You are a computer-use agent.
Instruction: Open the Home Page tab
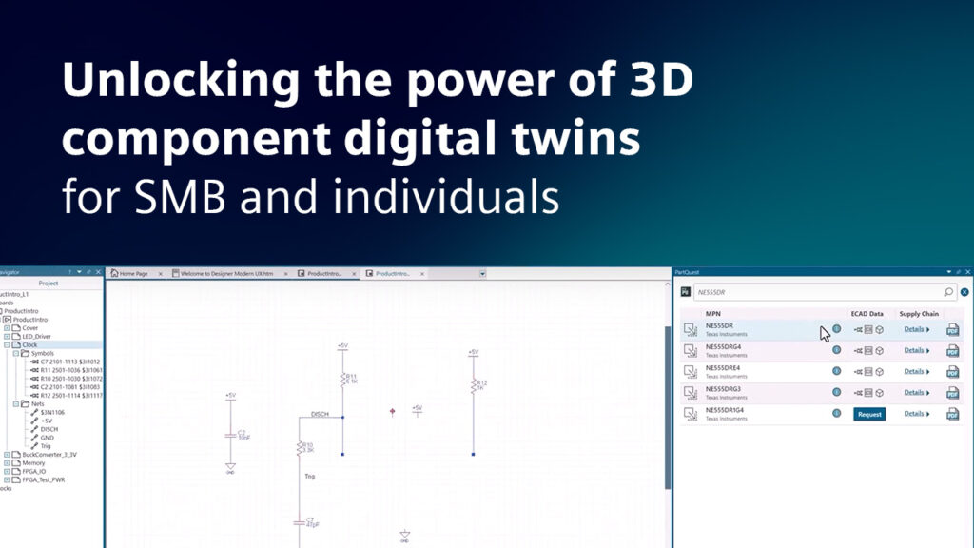pos(132,273)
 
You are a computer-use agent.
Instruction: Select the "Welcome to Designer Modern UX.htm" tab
pos(226,273)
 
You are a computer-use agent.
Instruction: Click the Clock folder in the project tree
pos(29,344)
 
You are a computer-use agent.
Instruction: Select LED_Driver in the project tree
pos(37,336)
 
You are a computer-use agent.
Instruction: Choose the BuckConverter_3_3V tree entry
pos(49,455)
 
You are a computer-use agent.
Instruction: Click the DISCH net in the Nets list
pos(49,429)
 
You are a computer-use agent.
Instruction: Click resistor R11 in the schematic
pos(342,381)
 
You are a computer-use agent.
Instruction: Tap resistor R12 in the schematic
pos(473,386)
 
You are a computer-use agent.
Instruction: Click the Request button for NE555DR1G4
pos(869,414)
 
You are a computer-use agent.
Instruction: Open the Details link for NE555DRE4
pos(914,371)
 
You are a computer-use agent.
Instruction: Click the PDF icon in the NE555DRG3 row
pos(952,393)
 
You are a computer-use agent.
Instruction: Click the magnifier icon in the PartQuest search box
pos(948,293)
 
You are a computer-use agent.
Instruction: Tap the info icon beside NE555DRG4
pos(836,350)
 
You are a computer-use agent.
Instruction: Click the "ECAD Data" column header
pos(867,314)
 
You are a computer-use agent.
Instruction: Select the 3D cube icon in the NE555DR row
pos(881,329)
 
